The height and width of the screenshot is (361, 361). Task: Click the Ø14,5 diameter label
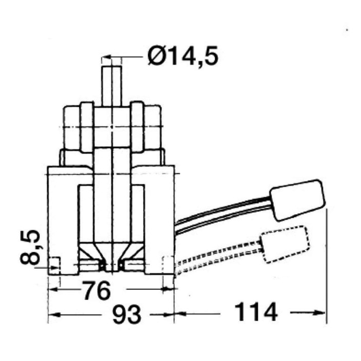coord(183,56)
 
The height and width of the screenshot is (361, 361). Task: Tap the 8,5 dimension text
coord(30,247)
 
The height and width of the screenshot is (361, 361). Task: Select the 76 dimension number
coord(96,291)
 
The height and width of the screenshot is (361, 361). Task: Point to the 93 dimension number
coord(126,314)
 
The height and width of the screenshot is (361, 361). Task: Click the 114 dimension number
coord(256,312)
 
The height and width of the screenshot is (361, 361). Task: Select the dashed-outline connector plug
coord(285,245)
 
